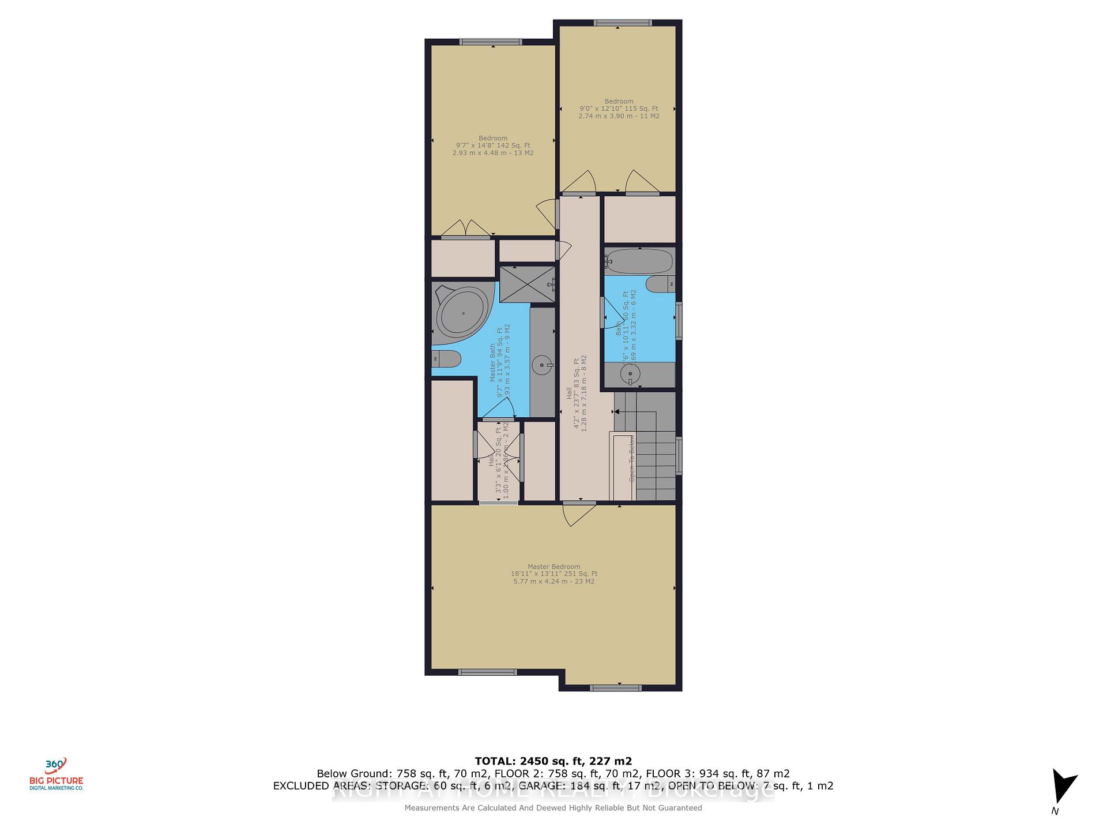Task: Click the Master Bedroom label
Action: pos(553,567)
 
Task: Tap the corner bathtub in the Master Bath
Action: pos(462,315)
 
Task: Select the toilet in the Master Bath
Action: pos(446,360)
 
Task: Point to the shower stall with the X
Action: pos(527,284)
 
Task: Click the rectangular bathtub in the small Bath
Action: pos(639,261)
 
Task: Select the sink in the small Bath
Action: pos(630,374)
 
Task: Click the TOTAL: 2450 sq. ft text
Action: pos(553,761)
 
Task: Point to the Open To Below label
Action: pos(631,459)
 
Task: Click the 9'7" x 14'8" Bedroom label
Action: pos(493,145)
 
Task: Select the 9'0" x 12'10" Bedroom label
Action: pos(619,108)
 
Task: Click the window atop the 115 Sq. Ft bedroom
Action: pos(623,23)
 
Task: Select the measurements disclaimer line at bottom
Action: pos(553,808)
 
